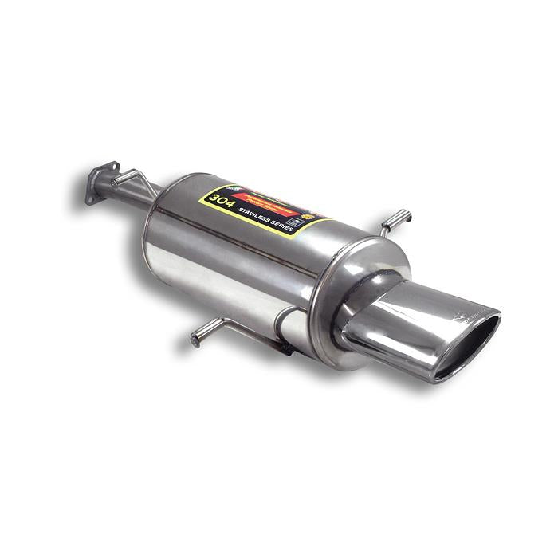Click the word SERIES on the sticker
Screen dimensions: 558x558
tap(288, 226)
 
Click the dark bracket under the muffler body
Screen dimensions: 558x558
tap(280, 344)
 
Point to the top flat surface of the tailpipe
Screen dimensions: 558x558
tap(422, 299)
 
